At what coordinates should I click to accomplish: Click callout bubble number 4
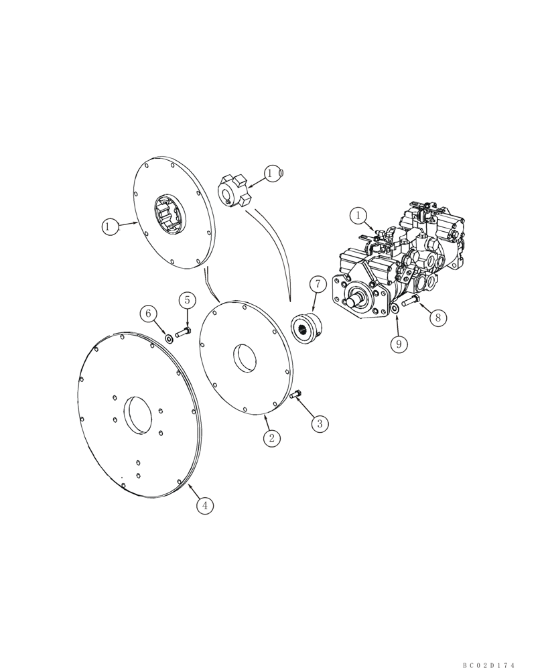[x=205, y=506]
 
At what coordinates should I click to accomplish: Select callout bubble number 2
[x=271, y=439]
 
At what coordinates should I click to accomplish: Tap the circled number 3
[x=320, y=423]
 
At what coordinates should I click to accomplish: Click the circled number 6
[x=149, y=313]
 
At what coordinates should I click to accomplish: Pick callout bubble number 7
[x=317, y=285]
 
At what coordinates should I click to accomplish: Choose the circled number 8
[x=437, y=317]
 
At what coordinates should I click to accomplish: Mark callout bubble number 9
[x=398, y=344]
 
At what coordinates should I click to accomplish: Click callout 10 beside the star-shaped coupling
[x=273, y=174]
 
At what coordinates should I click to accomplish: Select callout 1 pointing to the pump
[x=358, y=216]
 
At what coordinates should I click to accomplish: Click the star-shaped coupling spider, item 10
[x=235, y=190]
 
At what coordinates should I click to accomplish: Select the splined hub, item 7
[x=309, y=328]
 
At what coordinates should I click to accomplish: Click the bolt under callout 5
[x=184, y=332]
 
